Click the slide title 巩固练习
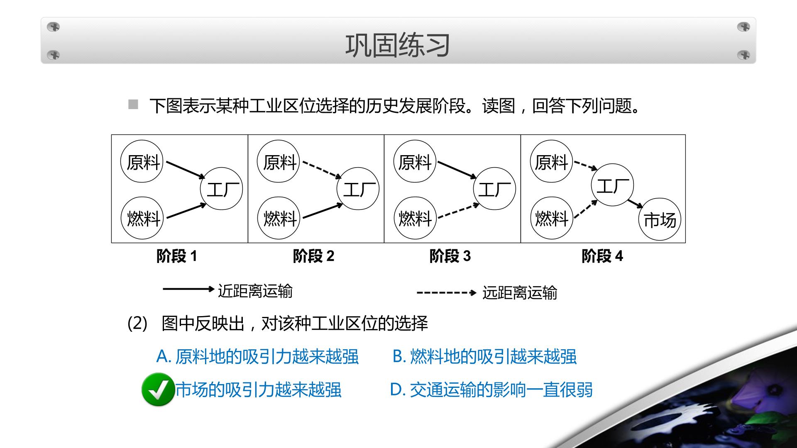point(398,45)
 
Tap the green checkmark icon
point(158,390)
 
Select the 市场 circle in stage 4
point(660,219)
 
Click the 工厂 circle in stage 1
point(221,189)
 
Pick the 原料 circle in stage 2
point(278,161)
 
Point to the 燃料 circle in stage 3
point(415,218)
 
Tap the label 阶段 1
point(177,256)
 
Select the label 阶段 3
point(450,256)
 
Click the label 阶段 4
point(602,256)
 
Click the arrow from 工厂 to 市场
point(635,204)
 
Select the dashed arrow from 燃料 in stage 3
point(459,211)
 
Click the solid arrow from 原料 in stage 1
point(186,170)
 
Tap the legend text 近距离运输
point(255,291)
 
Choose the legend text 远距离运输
point(520,293)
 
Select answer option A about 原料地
point(257,357)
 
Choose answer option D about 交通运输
point(491,390)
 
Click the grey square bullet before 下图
point(133,105)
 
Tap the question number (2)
point(137,324)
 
